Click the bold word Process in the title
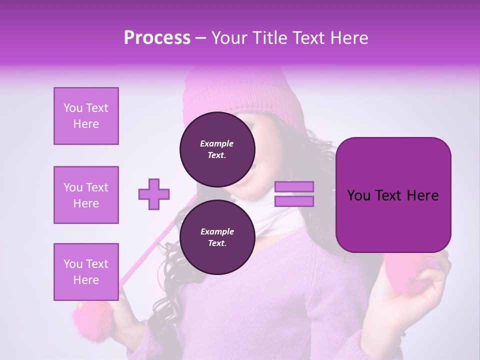[157, 38]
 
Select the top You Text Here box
[86, 116]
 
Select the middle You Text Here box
[86, 195]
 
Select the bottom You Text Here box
[86, 272]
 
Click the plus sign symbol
[154, 194]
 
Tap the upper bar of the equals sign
[294, 187]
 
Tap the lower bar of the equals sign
[294, 201]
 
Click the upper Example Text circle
[217, 149]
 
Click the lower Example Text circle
[217, 237]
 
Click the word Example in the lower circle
[217, 231]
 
